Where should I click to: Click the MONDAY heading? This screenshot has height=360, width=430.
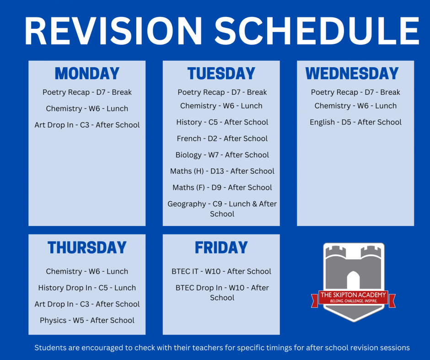pos(87,74)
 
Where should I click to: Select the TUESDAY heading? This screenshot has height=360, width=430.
pos(221,74)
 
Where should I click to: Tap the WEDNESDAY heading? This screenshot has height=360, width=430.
pos(352,74)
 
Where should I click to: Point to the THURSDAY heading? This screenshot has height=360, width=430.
pos(87,247)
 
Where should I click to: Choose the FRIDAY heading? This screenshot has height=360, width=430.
pos(221,247)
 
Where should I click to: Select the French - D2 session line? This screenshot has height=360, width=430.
pos(222,139)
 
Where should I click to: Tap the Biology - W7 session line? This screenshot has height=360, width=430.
pos(222,155)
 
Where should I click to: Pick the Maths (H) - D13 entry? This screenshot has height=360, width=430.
pos(222,171)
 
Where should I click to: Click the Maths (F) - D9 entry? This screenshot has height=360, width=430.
pos(222,188)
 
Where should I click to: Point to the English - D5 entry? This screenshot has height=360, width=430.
pos(355,122)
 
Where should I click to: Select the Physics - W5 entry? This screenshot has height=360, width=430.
pos(87,320)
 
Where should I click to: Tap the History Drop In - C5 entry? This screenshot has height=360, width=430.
pos(87,288)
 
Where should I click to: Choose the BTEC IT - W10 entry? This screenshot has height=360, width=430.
pos(221,271)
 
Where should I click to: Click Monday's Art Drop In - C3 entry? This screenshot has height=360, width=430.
pos(87,125)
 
